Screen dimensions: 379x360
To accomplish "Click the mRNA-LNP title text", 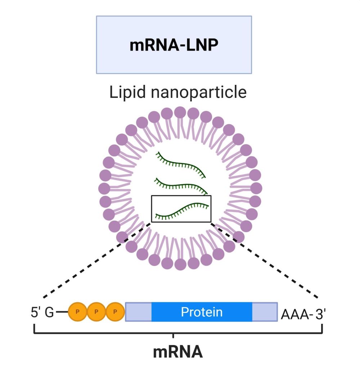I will (x=174, y=45).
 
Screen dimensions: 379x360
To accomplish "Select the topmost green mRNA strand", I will (x=180, y=164).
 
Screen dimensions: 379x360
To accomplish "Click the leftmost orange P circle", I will (x=77, y=312).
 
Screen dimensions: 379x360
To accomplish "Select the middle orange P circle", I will (x=96, y=312).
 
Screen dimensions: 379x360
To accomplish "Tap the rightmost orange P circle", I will (x=115, y=312).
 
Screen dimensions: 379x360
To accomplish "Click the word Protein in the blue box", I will (x=202, y=312).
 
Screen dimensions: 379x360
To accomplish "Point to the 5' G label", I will (x=42, y=312).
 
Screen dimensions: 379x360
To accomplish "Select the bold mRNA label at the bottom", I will (x=178, y=352).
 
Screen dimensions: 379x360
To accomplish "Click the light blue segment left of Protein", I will (x=138, y=312).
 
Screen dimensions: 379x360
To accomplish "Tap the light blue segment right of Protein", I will (x=265, y=312).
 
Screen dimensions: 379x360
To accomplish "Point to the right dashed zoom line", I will (x=265, y=260).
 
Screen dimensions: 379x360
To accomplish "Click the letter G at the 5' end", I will (x=49, y=312).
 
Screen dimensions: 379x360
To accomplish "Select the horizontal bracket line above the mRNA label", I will (x=108, y=333).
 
